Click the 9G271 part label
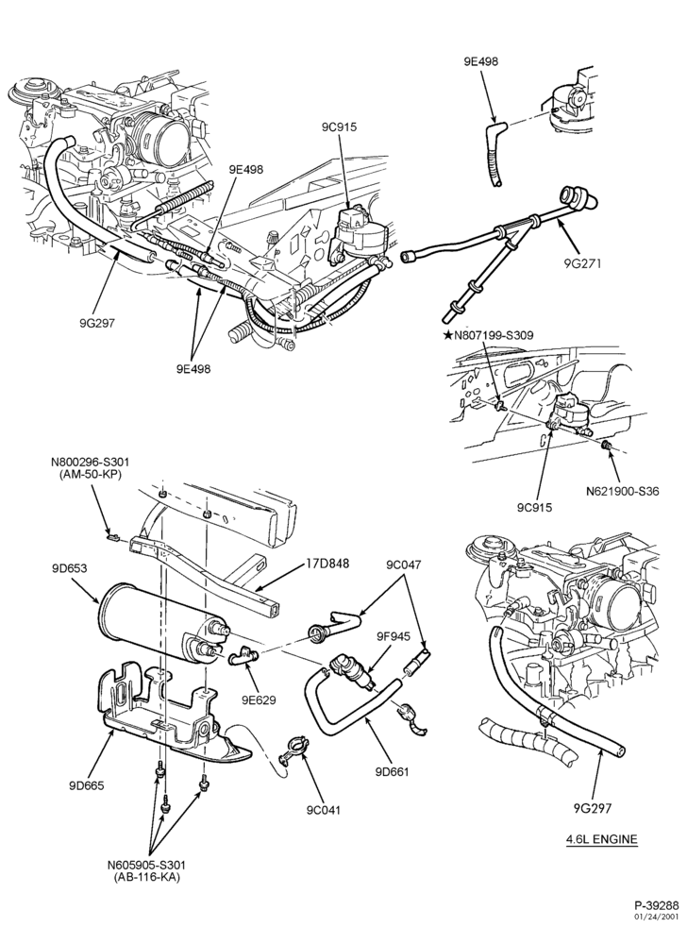click(x=583, y=262)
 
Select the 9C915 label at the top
click(x=340, y=127)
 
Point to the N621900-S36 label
click(x=623, y=491)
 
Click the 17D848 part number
click(x=327, y=564)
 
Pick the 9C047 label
click(x=404, y=565)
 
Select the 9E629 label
click(x=259, y=700)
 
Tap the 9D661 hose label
click(x=392, y=770)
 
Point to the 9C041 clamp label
click(x=323, y=810)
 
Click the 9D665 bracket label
click(x=87, y=785)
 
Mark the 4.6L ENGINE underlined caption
click(x=601, y=838)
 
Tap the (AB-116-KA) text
click(x=146, y=877)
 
